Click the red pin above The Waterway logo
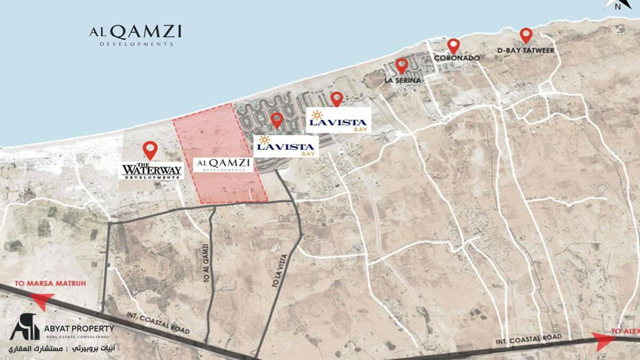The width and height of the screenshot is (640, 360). (150, 149)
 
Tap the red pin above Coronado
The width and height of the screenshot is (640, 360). (453, 45)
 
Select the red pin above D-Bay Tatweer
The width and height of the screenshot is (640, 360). (526, 35)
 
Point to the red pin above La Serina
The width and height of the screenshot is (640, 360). (402, 65)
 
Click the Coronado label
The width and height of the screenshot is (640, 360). (457, 58)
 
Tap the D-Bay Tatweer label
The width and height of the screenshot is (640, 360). (526, 50)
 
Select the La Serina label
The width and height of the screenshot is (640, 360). (403, 81)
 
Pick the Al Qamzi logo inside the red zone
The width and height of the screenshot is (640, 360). (223, 164)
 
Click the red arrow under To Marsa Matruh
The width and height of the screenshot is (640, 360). (44, 302)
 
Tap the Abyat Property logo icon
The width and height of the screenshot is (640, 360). (25, 326)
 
